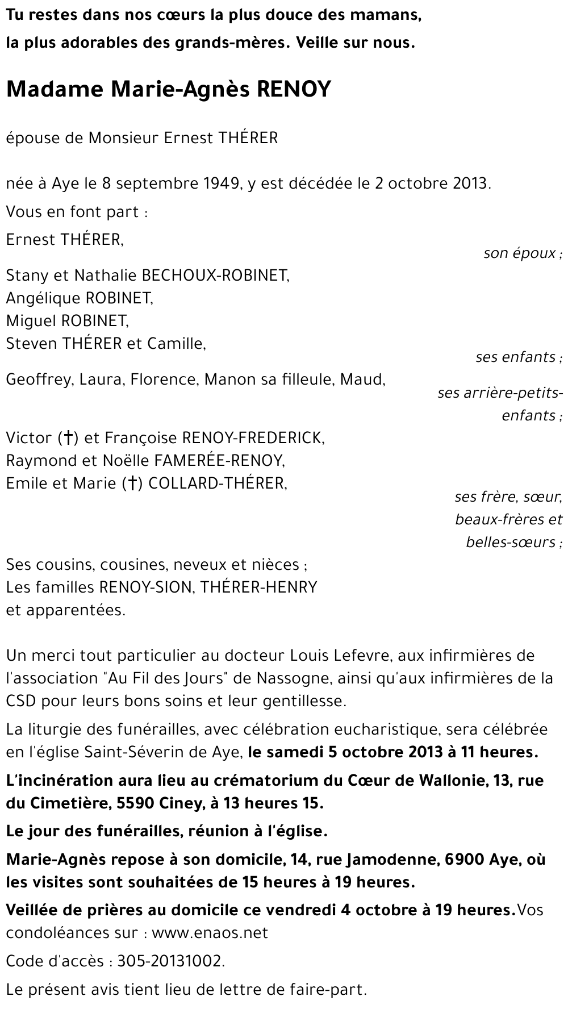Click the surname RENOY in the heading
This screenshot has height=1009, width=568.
[x=294, y=89]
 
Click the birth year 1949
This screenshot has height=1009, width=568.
[x=222, y=184]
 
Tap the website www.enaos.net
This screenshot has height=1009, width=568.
[x=210, y=933]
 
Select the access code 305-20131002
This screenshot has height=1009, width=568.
[x=170, y=961]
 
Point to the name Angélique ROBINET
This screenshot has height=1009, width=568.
[x=80, y=298]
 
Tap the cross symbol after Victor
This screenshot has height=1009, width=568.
[x=68, y=438]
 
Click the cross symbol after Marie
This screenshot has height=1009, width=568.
[x=132, y=483]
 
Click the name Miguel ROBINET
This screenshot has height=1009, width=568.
[x=68, y=320]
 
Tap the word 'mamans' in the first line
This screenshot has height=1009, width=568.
[x=390, y=16]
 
